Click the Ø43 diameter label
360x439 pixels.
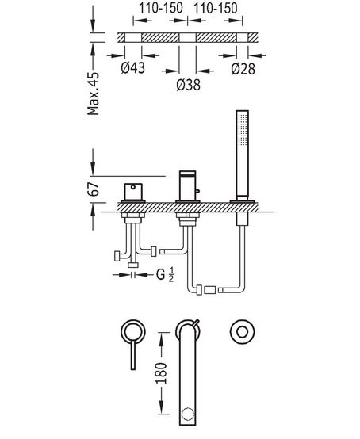point(133,68)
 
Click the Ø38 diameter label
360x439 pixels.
point(188,85)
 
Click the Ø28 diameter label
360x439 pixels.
point(243,69)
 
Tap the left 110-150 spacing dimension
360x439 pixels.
point(161,8)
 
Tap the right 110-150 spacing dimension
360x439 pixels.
point(216,8)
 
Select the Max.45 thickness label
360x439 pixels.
point(93,94)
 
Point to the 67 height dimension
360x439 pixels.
point(94,189)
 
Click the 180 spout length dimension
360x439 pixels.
point(162,373)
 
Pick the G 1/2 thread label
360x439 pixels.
point(165,275)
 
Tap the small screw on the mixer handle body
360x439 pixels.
point(134,187)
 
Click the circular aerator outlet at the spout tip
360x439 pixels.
point(187,414)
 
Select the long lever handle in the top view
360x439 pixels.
point(133,354)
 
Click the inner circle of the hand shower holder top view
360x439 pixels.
point(243,332)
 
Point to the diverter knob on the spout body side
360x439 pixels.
point(197,191)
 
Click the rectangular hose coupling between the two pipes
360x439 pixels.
point(210,290)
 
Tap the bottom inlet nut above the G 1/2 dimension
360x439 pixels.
point(133,265)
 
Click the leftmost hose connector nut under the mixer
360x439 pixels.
point(117,256)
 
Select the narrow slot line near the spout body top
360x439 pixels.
point(188,174)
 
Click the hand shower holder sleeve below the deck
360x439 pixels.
point(243,219)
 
